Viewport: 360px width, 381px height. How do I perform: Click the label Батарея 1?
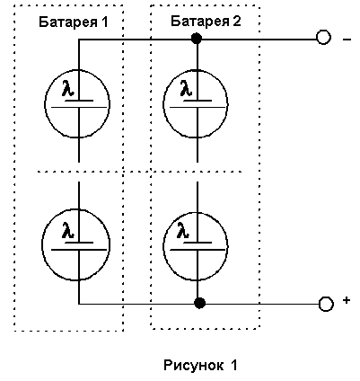[74, 22]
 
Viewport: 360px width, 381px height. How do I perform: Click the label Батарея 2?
[206, 22]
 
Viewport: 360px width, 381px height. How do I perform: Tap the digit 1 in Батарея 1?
[104, 22]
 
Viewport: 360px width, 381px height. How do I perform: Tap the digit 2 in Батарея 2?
[236, 22]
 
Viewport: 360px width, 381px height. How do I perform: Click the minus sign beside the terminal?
[347, 40]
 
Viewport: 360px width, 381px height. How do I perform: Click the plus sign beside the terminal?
[347, 300]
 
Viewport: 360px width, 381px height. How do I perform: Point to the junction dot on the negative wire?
[197, 39]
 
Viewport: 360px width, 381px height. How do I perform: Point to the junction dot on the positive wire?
[199, 303]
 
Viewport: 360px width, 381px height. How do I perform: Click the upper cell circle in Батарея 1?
[45, 103]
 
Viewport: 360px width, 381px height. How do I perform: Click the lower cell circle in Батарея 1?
[42, 245]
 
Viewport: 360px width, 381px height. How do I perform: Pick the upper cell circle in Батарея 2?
[163, 103]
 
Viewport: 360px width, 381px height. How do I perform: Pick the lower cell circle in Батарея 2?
[163, 246]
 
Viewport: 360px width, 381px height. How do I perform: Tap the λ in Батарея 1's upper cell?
[68, 88]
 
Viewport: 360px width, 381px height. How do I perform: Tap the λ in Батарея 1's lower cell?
[68, 230]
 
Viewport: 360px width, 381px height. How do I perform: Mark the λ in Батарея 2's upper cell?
[186, 88]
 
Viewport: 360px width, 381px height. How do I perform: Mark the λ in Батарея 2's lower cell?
[183, 230]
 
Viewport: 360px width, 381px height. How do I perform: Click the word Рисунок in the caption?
[193, 365]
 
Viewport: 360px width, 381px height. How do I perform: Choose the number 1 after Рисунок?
[233, 365]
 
